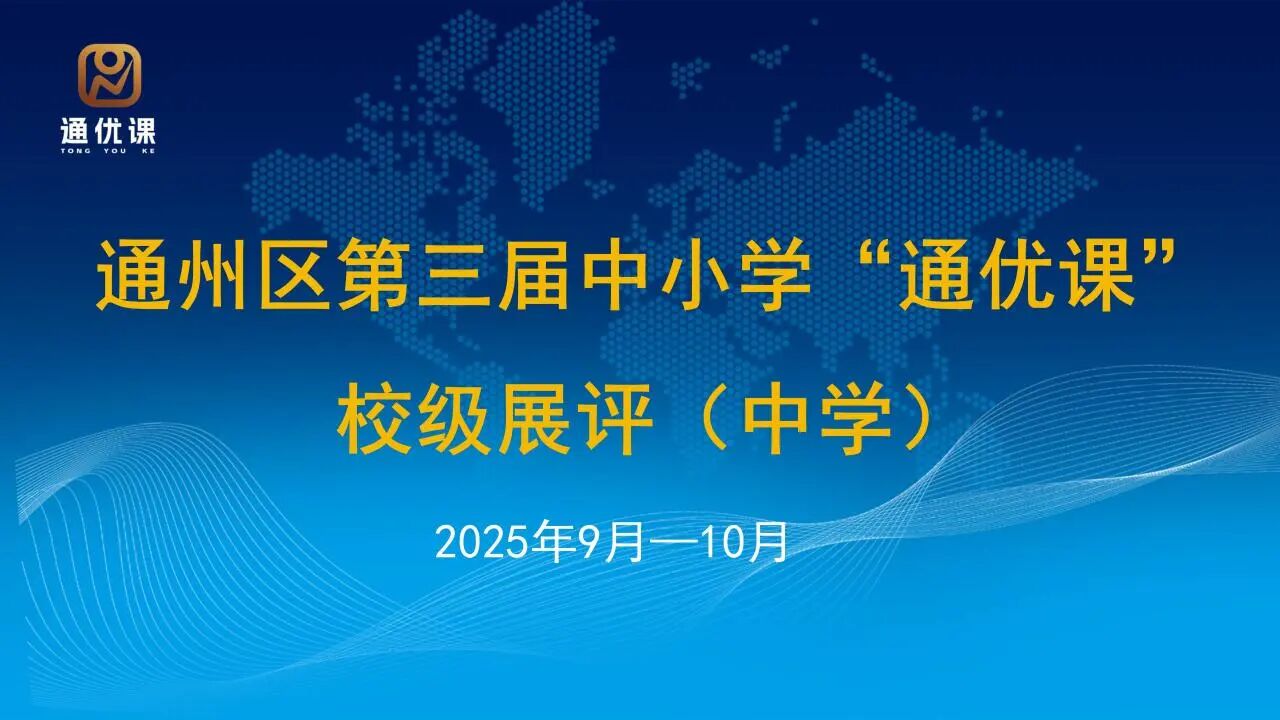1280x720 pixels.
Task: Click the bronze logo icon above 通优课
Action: pyautogui.click(x=109, y=75)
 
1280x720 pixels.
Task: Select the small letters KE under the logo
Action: pyautogui.click(x=149, y=151)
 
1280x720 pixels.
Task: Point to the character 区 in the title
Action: pyautogui.click(x=295, y=274)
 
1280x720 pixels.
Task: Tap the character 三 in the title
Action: pyautogui.click(x=455, y=275)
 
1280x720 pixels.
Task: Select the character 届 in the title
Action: pyautogui.click(x=534, y=274)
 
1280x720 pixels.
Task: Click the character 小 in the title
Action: pyautogui.click(x=698, y=274)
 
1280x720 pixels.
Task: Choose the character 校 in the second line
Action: pyautogui.click(x=374, y=419)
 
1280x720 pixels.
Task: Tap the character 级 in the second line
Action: pyautogui.click(x=455, y=419)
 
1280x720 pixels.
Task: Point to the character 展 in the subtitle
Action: pyautogui.click(x=535, y=419)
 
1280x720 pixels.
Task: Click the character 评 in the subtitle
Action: pyautogui.click(x=617, y=419)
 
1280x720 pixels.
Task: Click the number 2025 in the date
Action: pyautogui.click(x=482, y=543)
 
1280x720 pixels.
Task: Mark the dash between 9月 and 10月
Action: pyautogui.click(x=670, y=543)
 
